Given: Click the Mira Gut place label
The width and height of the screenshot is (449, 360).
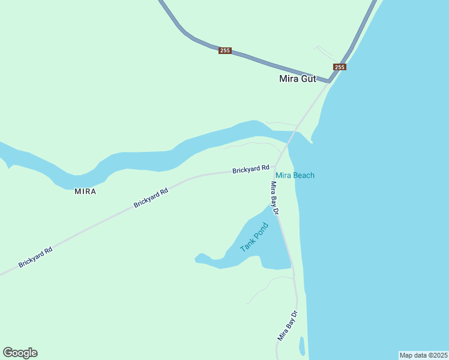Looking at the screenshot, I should pos(298,79).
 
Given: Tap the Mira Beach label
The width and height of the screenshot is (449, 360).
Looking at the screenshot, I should pos(295,175).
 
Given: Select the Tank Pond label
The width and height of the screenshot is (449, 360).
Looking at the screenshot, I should pos(253,237).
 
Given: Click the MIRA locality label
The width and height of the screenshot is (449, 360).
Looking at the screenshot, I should pos(85,191).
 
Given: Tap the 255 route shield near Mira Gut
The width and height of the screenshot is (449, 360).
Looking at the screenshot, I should pos(339,67).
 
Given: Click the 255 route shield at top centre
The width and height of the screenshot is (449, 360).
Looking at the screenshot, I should pos(225,50).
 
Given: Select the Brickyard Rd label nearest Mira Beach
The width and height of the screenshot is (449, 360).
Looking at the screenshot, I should pos(251,170).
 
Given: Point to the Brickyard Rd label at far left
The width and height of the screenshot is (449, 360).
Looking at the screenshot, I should pos(35,257).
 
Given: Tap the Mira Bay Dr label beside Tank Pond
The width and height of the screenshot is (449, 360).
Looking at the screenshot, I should pos(276,198).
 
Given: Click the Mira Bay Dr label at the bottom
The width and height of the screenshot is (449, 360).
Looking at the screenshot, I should pos(288,326).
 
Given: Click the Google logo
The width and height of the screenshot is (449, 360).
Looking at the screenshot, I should pos(20,353).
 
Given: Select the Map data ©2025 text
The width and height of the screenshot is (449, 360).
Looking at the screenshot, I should pos(423,355).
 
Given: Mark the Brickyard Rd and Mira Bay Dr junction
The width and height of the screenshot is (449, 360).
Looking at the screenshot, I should pos(276,168).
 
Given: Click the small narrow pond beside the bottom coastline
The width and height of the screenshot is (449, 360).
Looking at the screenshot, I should pos(302,346).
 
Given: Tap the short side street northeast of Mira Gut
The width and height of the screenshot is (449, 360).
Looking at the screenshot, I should pos(323,51).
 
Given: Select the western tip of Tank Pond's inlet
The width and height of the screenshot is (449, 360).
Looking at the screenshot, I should pos(197,259).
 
